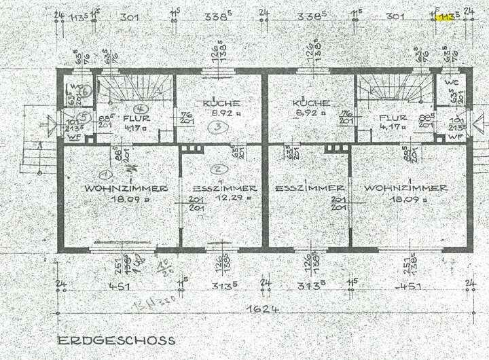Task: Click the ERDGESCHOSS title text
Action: (115, 340)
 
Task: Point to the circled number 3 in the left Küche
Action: (217, 126)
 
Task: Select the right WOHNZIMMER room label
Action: (405, 188)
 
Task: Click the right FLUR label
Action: (392, 116)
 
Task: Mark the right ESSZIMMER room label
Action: (309, 188)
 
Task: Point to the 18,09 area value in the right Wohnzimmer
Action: (403, 200)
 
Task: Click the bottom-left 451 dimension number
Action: (119, 287)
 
